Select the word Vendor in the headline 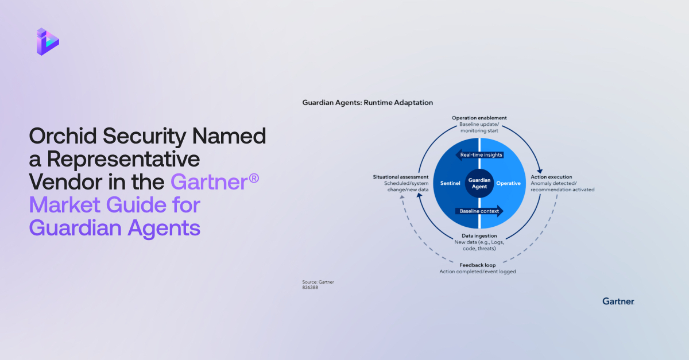pos(64,182)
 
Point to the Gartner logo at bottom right pos(618,301)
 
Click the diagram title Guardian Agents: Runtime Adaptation pos(367,103)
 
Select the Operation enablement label pos(479,118)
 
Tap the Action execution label pos(551,177)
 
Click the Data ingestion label pos(479,236)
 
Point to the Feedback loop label pos(477,265)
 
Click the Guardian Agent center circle pos(478,183)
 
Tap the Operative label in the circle pos(508,183)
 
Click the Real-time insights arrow pos(479,155)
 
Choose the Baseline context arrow pos(479,211)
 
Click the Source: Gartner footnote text pos(318,282)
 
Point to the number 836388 pos(310,287)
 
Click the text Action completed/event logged pos(477,271)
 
